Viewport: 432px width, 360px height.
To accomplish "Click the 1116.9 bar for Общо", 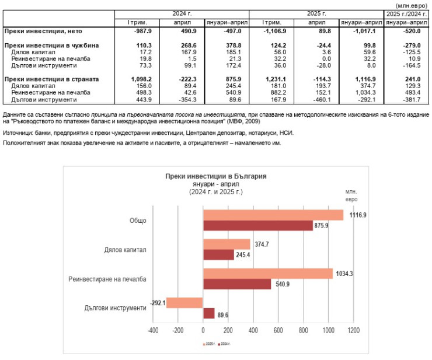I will (273, 215).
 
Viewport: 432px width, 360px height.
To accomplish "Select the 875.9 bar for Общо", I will (257, 226).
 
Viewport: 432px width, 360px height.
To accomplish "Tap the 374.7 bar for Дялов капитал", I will (226, 244).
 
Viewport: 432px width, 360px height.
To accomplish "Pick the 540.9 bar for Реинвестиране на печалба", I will (236, 284).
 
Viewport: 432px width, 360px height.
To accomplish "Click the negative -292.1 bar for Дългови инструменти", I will (184, 303).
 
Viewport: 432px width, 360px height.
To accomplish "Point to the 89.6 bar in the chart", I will (208, 313).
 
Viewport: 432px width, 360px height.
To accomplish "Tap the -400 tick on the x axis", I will (153, 331).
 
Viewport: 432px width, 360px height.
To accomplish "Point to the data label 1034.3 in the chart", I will (344, 274).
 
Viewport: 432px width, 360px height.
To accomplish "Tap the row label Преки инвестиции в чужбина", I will (51, 45).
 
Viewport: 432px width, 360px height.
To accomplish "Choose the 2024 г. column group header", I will (182, 13).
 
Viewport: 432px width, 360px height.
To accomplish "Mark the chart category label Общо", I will (138, 221).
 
